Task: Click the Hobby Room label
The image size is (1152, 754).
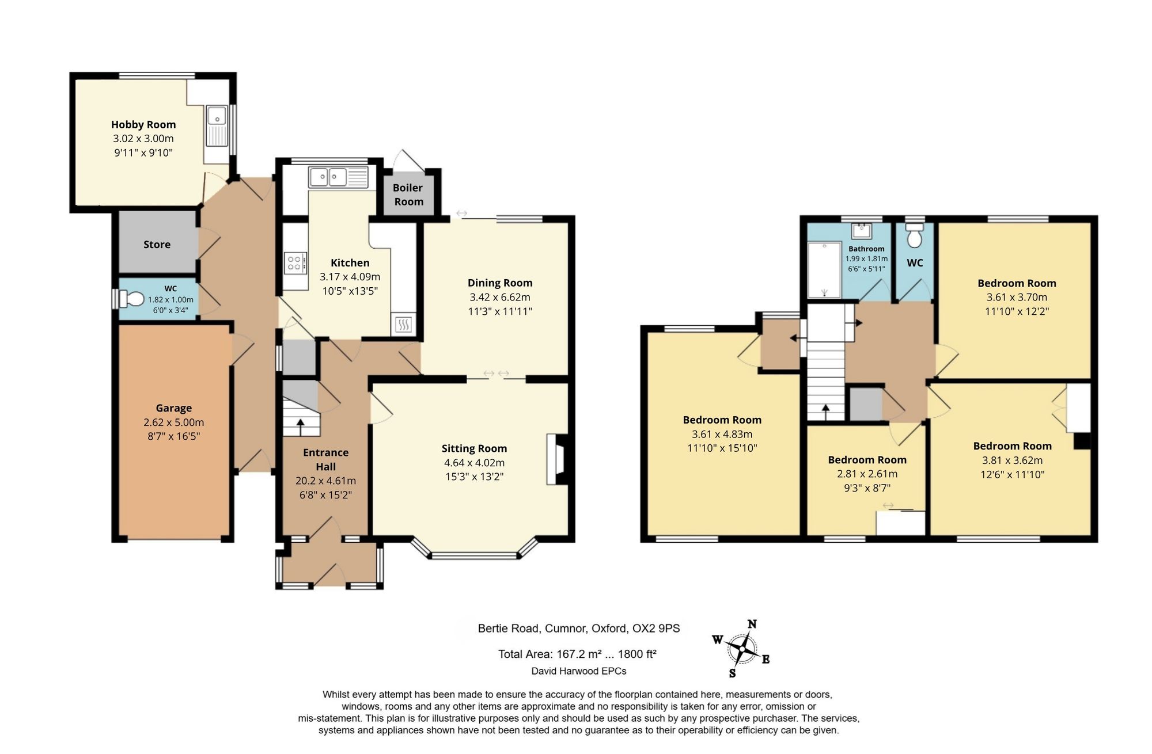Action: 143,124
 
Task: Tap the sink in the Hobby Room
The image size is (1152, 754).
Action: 217,126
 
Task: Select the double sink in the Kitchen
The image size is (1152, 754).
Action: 338,177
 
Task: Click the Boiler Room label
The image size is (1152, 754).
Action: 408,195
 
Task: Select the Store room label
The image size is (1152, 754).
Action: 157,245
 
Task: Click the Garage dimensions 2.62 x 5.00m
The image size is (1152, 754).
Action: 174,422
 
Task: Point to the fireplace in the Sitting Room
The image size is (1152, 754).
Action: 556,459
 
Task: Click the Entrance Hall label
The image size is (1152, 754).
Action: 325,459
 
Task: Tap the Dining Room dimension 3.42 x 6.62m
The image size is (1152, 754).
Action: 500,297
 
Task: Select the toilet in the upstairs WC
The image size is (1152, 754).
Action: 915,235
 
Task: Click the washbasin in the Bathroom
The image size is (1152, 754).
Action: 862,231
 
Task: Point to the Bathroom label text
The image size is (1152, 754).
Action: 866,249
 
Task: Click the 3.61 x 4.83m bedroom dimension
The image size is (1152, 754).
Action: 722,434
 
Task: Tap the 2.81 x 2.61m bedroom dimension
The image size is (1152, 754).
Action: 867,474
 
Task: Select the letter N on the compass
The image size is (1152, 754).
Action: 752,624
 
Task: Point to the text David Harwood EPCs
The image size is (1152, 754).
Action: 579,671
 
